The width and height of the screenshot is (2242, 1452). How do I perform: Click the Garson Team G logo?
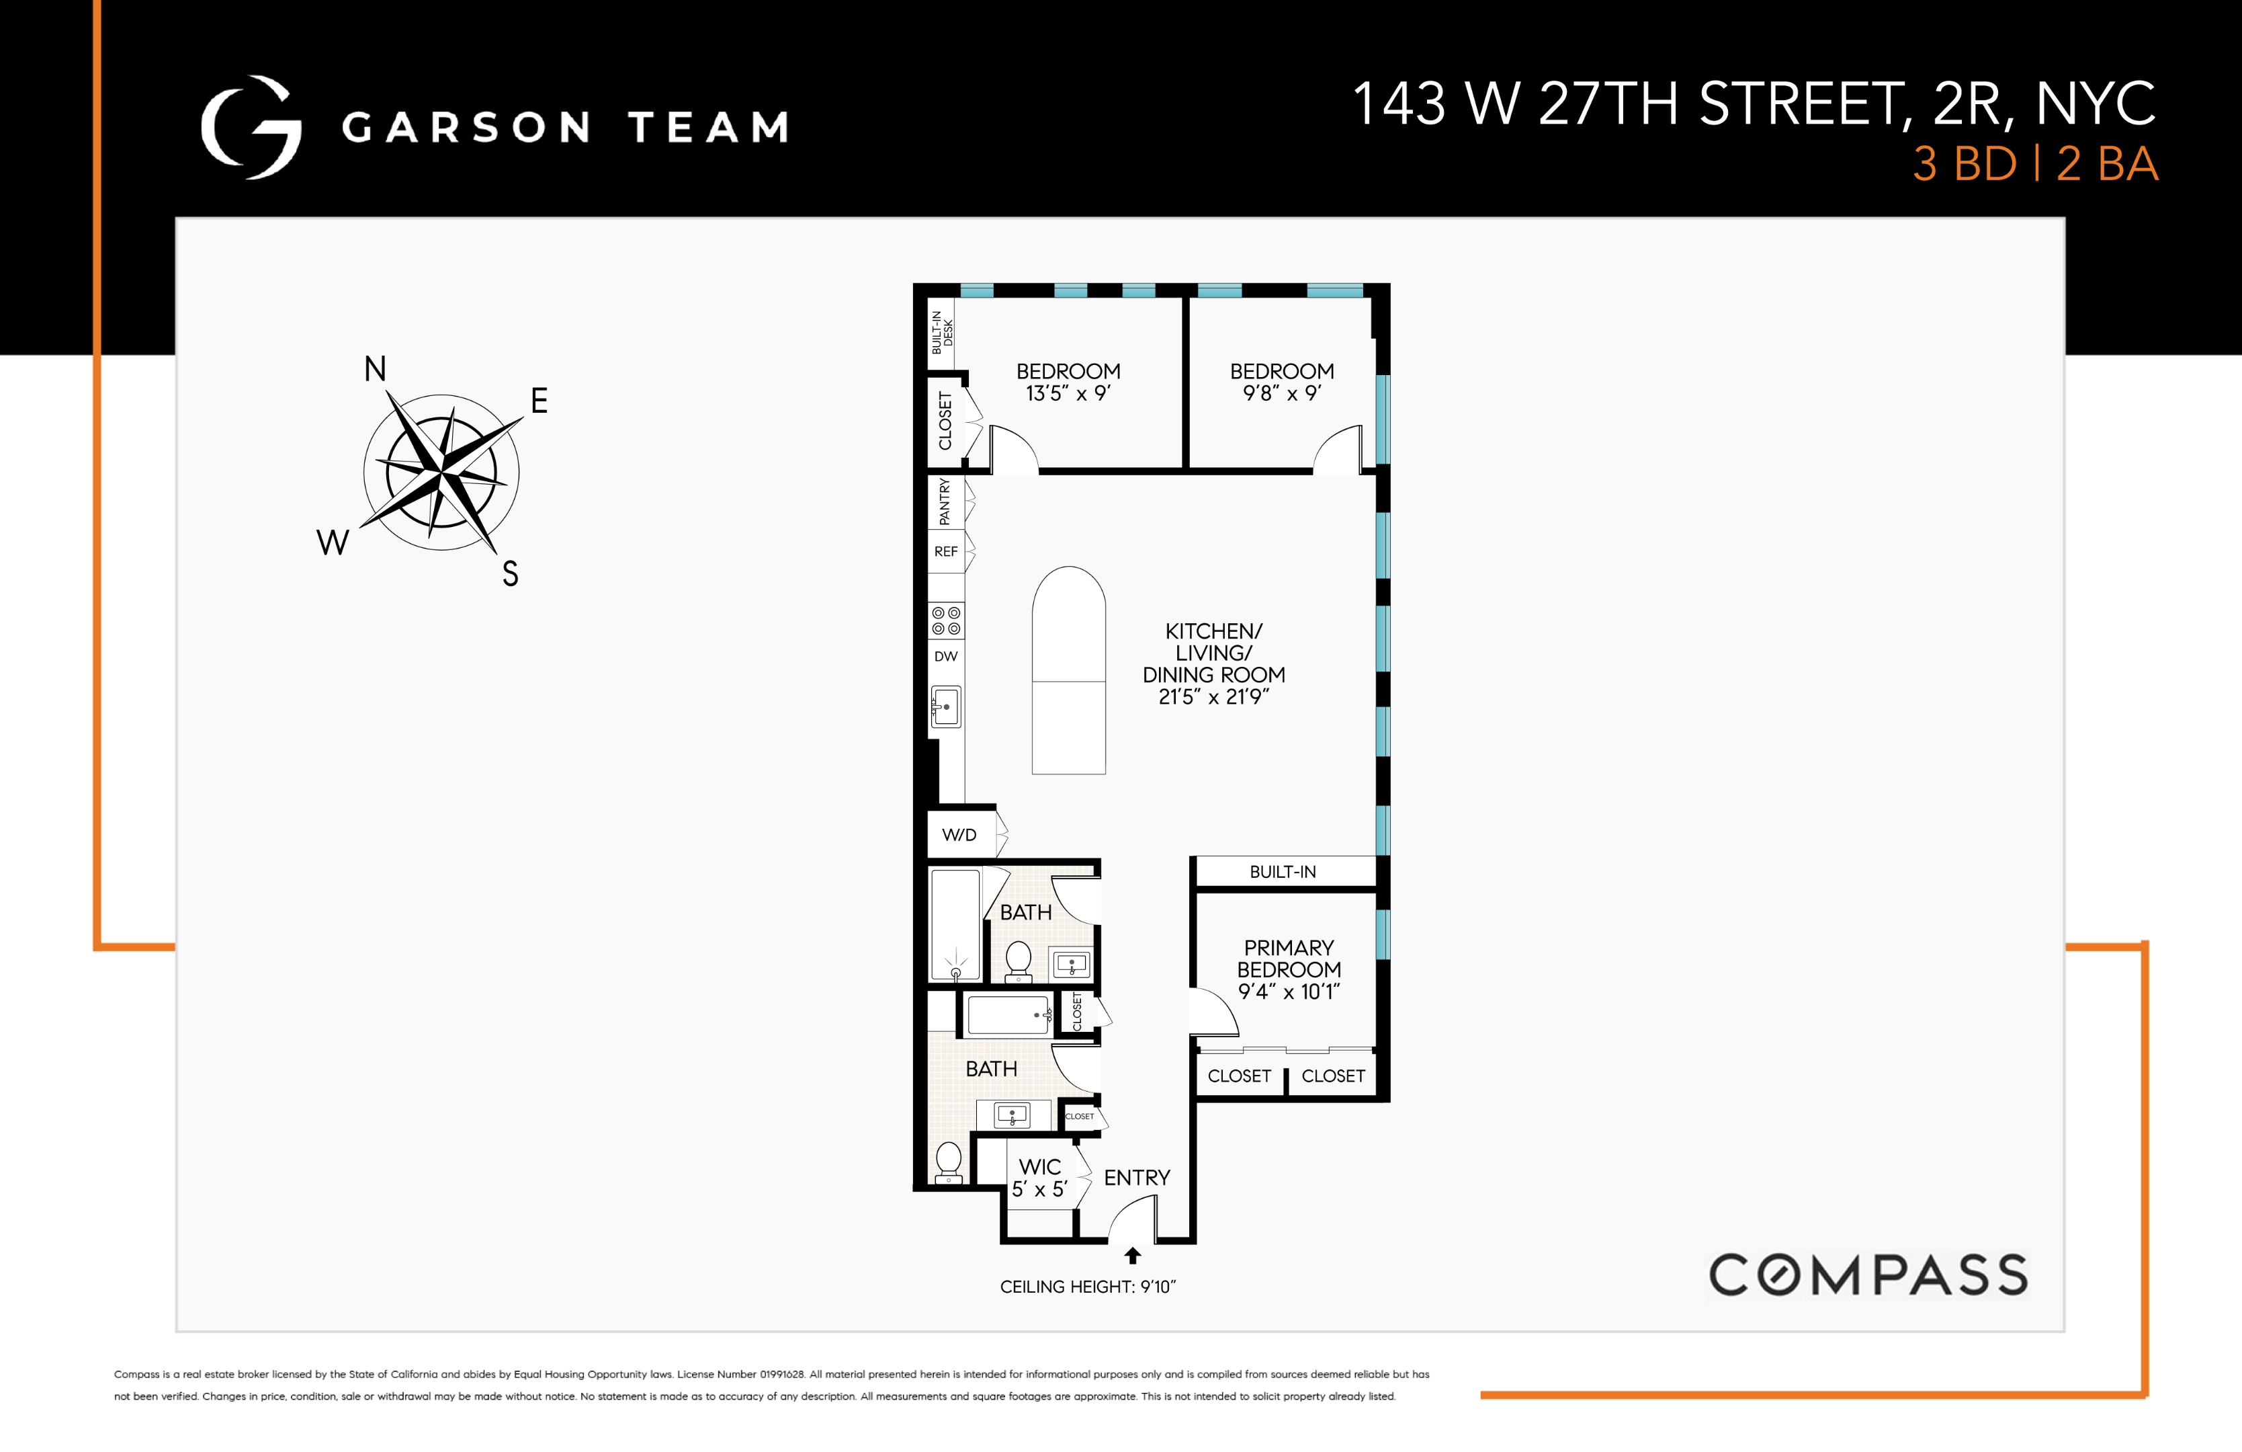(x=251, y=127)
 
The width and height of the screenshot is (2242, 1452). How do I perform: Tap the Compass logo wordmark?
(x=1868, y=1275)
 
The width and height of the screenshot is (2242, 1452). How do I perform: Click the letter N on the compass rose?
(x=375, y=368)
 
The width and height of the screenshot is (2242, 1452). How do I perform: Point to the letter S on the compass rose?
(x=510, y=573)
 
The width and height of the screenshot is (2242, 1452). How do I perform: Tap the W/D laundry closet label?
(x=959, y=835)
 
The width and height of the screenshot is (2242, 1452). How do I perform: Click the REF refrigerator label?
(x=946, y=552)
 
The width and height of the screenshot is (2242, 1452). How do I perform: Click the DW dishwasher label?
(x=946, y=657)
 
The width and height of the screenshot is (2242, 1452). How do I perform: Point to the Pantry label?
(x=945, y=501)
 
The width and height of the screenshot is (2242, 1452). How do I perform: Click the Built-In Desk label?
(x=942, y=331)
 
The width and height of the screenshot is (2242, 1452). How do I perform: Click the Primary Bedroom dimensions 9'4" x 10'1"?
(x=1289, y=992)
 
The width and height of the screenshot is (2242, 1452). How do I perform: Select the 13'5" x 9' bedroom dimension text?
(x=1068, y=394)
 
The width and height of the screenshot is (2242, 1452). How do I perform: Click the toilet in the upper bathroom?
(x=1019, y=960)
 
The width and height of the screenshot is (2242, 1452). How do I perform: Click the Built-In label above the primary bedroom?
(x=1283, y=873)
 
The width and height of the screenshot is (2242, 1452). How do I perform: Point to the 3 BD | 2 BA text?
(x=2035, y=164)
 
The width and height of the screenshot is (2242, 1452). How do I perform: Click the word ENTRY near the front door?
(x=1137, y=1178)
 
